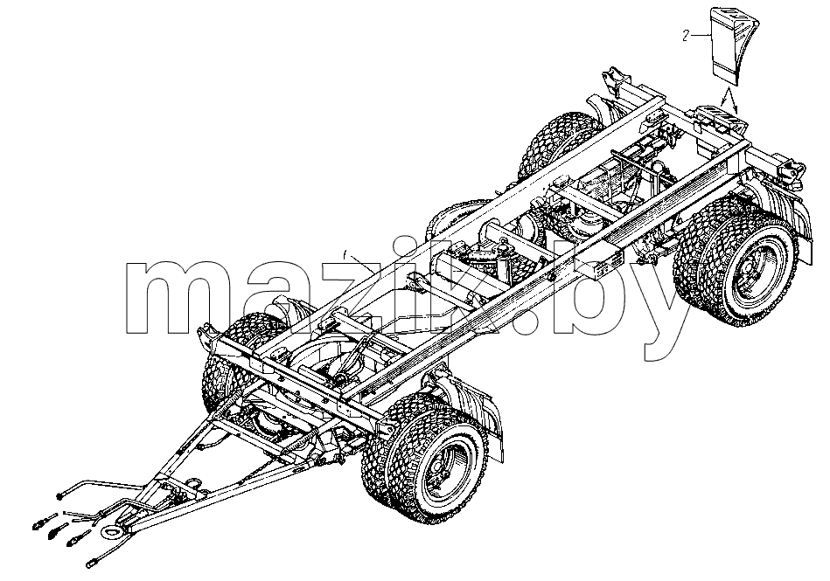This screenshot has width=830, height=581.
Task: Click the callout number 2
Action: [686, 36]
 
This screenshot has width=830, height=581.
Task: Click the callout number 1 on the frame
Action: [345, 256]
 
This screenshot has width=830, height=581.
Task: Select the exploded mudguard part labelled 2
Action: [733, 45]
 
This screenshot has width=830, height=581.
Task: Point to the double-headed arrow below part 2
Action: [729, 101]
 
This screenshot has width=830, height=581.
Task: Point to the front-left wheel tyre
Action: [222, 370]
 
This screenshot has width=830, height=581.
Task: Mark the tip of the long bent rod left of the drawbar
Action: [59, 495]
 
